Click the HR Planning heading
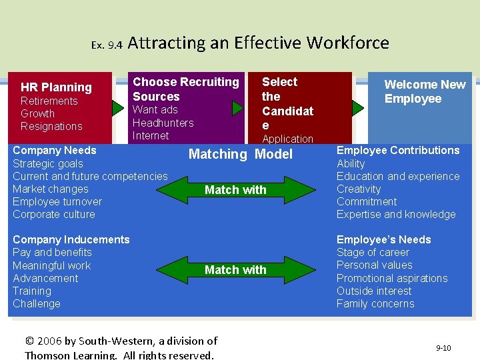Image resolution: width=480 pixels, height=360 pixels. click(x=56, y=87)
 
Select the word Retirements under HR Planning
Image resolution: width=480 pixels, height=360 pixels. click(x=49, y=101)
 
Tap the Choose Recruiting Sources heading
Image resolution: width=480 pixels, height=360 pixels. click(x=185, y=89)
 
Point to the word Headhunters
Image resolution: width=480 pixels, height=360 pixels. click(x=163, y=123)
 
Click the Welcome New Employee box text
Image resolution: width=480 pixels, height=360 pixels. click(x=425, y=92)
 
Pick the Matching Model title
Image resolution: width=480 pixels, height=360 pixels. click(x=240, y=154)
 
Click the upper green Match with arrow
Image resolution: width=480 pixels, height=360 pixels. click(x=235, y=190)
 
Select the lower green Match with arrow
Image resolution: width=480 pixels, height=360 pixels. click(x=235, y=270)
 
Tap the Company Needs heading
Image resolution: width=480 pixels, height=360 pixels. click(x=55, y=151)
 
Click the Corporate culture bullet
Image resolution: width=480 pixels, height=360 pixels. click(x=53, y=214)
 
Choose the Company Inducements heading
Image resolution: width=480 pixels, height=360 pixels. click(x=71, y=239)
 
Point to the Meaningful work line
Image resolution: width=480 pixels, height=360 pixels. click(x=51, y=265)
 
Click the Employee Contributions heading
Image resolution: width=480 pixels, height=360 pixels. click(x=398, y=151)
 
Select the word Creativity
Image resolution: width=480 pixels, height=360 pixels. click(x=359, y=189)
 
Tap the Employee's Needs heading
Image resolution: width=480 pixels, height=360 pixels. click(x=383, y=239)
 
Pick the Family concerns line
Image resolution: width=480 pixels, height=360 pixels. click(x=375, y=303)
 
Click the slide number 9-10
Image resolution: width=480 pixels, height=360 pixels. click(x=443, y=348)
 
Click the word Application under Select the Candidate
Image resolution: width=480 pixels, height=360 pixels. click(x=287, y=139)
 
